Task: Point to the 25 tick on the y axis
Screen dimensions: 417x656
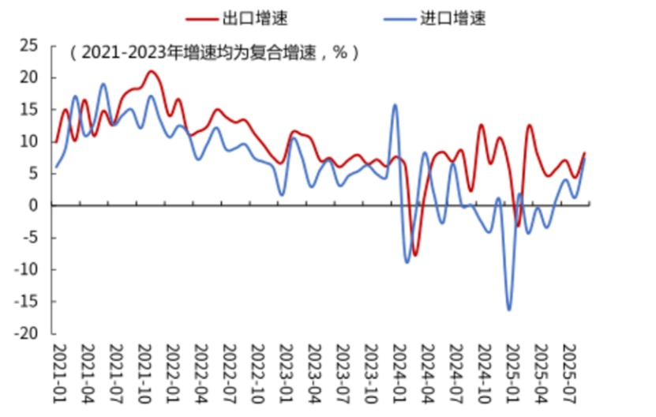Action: click(x=29, y=45)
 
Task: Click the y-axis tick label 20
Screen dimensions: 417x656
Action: click(x=29, y=77)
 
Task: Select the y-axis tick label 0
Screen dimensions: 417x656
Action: click(x=34, y=205)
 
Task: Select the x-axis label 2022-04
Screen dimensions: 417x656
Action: click(x=201, y=368)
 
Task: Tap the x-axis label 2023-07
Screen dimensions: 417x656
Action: click(x=343, y=368)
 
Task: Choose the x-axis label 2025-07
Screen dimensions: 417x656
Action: click(x=568, y=368)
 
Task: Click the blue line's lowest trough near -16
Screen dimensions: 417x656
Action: click(x=509, y=310)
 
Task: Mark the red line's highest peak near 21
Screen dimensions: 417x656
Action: click(x=152, y=72)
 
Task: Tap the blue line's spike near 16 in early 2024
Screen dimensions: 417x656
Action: click(x=395, y=105)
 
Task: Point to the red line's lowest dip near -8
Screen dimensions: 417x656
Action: click(x=415, y=255)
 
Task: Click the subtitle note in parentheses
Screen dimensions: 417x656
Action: click(x=214, y=54)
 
